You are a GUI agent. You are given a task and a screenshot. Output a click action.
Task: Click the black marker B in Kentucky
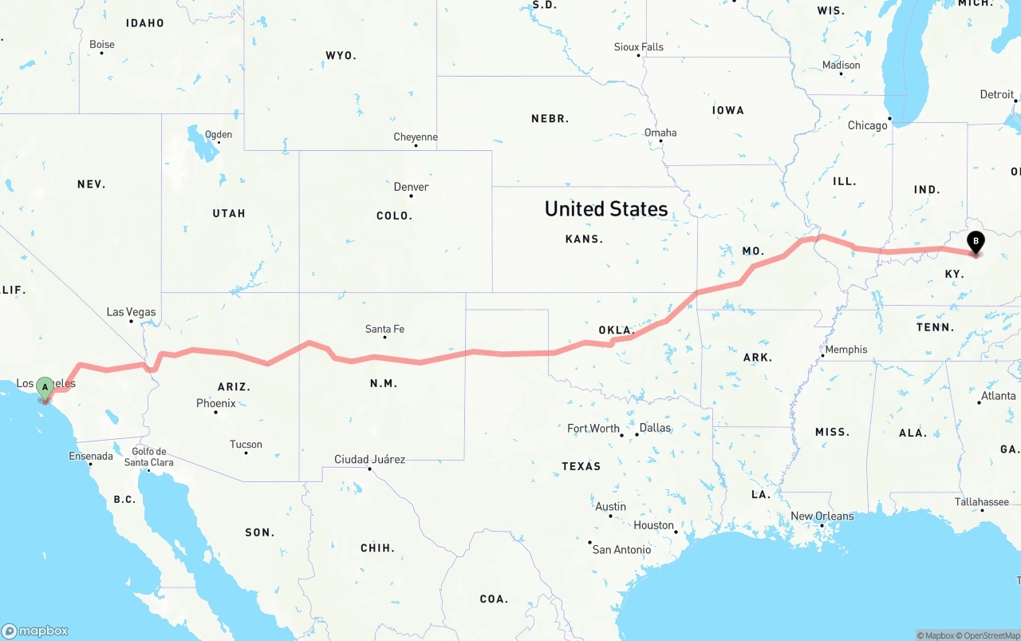(975, 242)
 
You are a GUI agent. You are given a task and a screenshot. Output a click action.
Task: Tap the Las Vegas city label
(132, 312)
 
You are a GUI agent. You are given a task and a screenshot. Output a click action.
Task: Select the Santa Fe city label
(384, 329)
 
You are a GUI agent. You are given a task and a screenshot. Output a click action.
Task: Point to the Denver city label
(412, 187)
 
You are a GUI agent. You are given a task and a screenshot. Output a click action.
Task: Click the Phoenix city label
(216, 404)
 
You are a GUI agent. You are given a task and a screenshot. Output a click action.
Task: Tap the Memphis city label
(846, 350)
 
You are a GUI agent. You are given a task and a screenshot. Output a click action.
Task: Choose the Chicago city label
(868, 125)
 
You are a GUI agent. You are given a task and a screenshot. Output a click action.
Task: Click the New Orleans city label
(822, 516)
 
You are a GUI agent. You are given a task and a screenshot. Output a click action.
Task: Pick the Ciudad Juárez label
(369, 459)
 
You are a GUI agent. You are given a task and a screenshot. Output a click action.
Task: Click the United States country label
(606, 209)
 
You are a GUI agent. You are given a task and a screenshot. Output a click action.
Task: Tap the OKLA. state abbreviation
(616, 330)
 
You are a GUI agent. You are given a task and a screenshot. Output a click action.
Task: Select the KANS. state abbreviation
(584, 239)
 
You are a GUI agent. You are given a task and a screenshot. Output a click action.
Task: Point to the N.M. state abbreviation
(384, 384)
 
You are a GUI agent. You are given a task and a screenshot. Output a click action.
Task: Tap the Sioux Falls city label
(639, 47)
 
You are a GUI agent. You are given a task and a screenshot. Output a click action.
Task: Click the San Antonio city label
(621, 549)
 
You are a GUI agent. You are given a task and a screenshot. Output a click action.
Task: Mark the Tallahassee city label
(982, 502)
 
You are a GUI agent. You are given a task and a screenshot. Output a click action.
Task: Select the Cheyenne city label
(416, 137)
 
